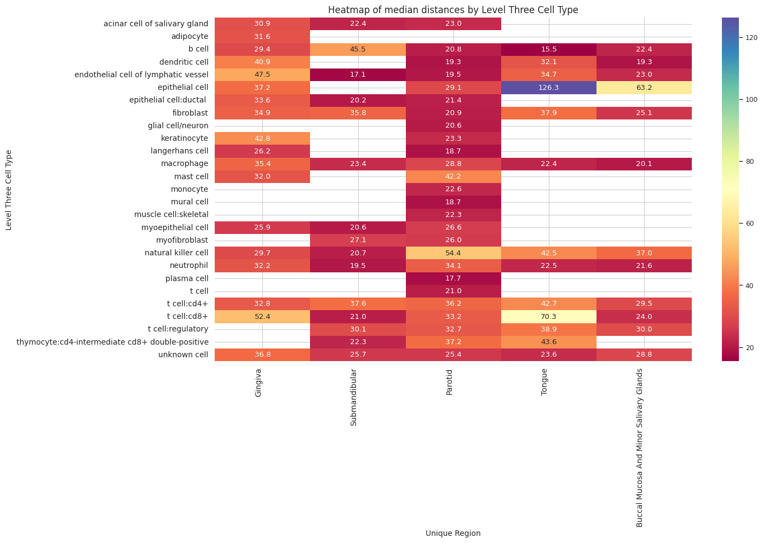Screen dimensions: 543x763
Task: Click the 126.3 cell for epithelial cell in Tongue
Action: click(x=548, y=88)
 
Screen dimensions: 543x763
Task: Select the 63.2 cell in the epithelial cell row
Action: click(x=644, y=88)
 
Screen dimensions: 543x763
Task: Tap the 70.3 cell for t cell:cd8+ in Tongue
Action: click(x=548, y=317)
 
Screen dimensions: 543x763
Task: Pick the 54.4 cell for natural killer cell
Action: click(x=453, y=253)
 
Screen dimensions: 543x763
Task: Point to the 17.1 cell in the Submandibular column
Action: click(x=358, y=75)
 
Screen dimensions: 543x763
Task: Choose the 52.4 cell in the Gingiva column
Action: click(x=262, y=317)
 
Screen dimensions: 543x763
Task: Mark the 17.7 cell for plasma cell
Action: click(x=453, y=278)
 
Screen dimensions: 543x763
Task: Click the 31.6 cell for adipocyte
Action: click(x=262, y=37)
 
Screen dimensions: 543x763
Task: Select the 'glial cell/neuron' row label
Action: click(x=178, y=126)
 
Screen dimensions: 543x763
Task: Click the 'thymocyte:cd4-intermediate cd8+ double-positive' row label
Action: click(x=113, y=342)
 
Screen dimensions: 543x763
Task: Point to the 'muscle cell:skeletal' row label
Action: click(x=171, y=215)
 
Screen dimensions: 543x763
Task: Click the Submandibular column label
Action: click(x=354, y=397)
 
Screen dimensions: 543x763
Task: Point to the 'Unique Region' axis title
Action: click(x=453, y=533)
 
